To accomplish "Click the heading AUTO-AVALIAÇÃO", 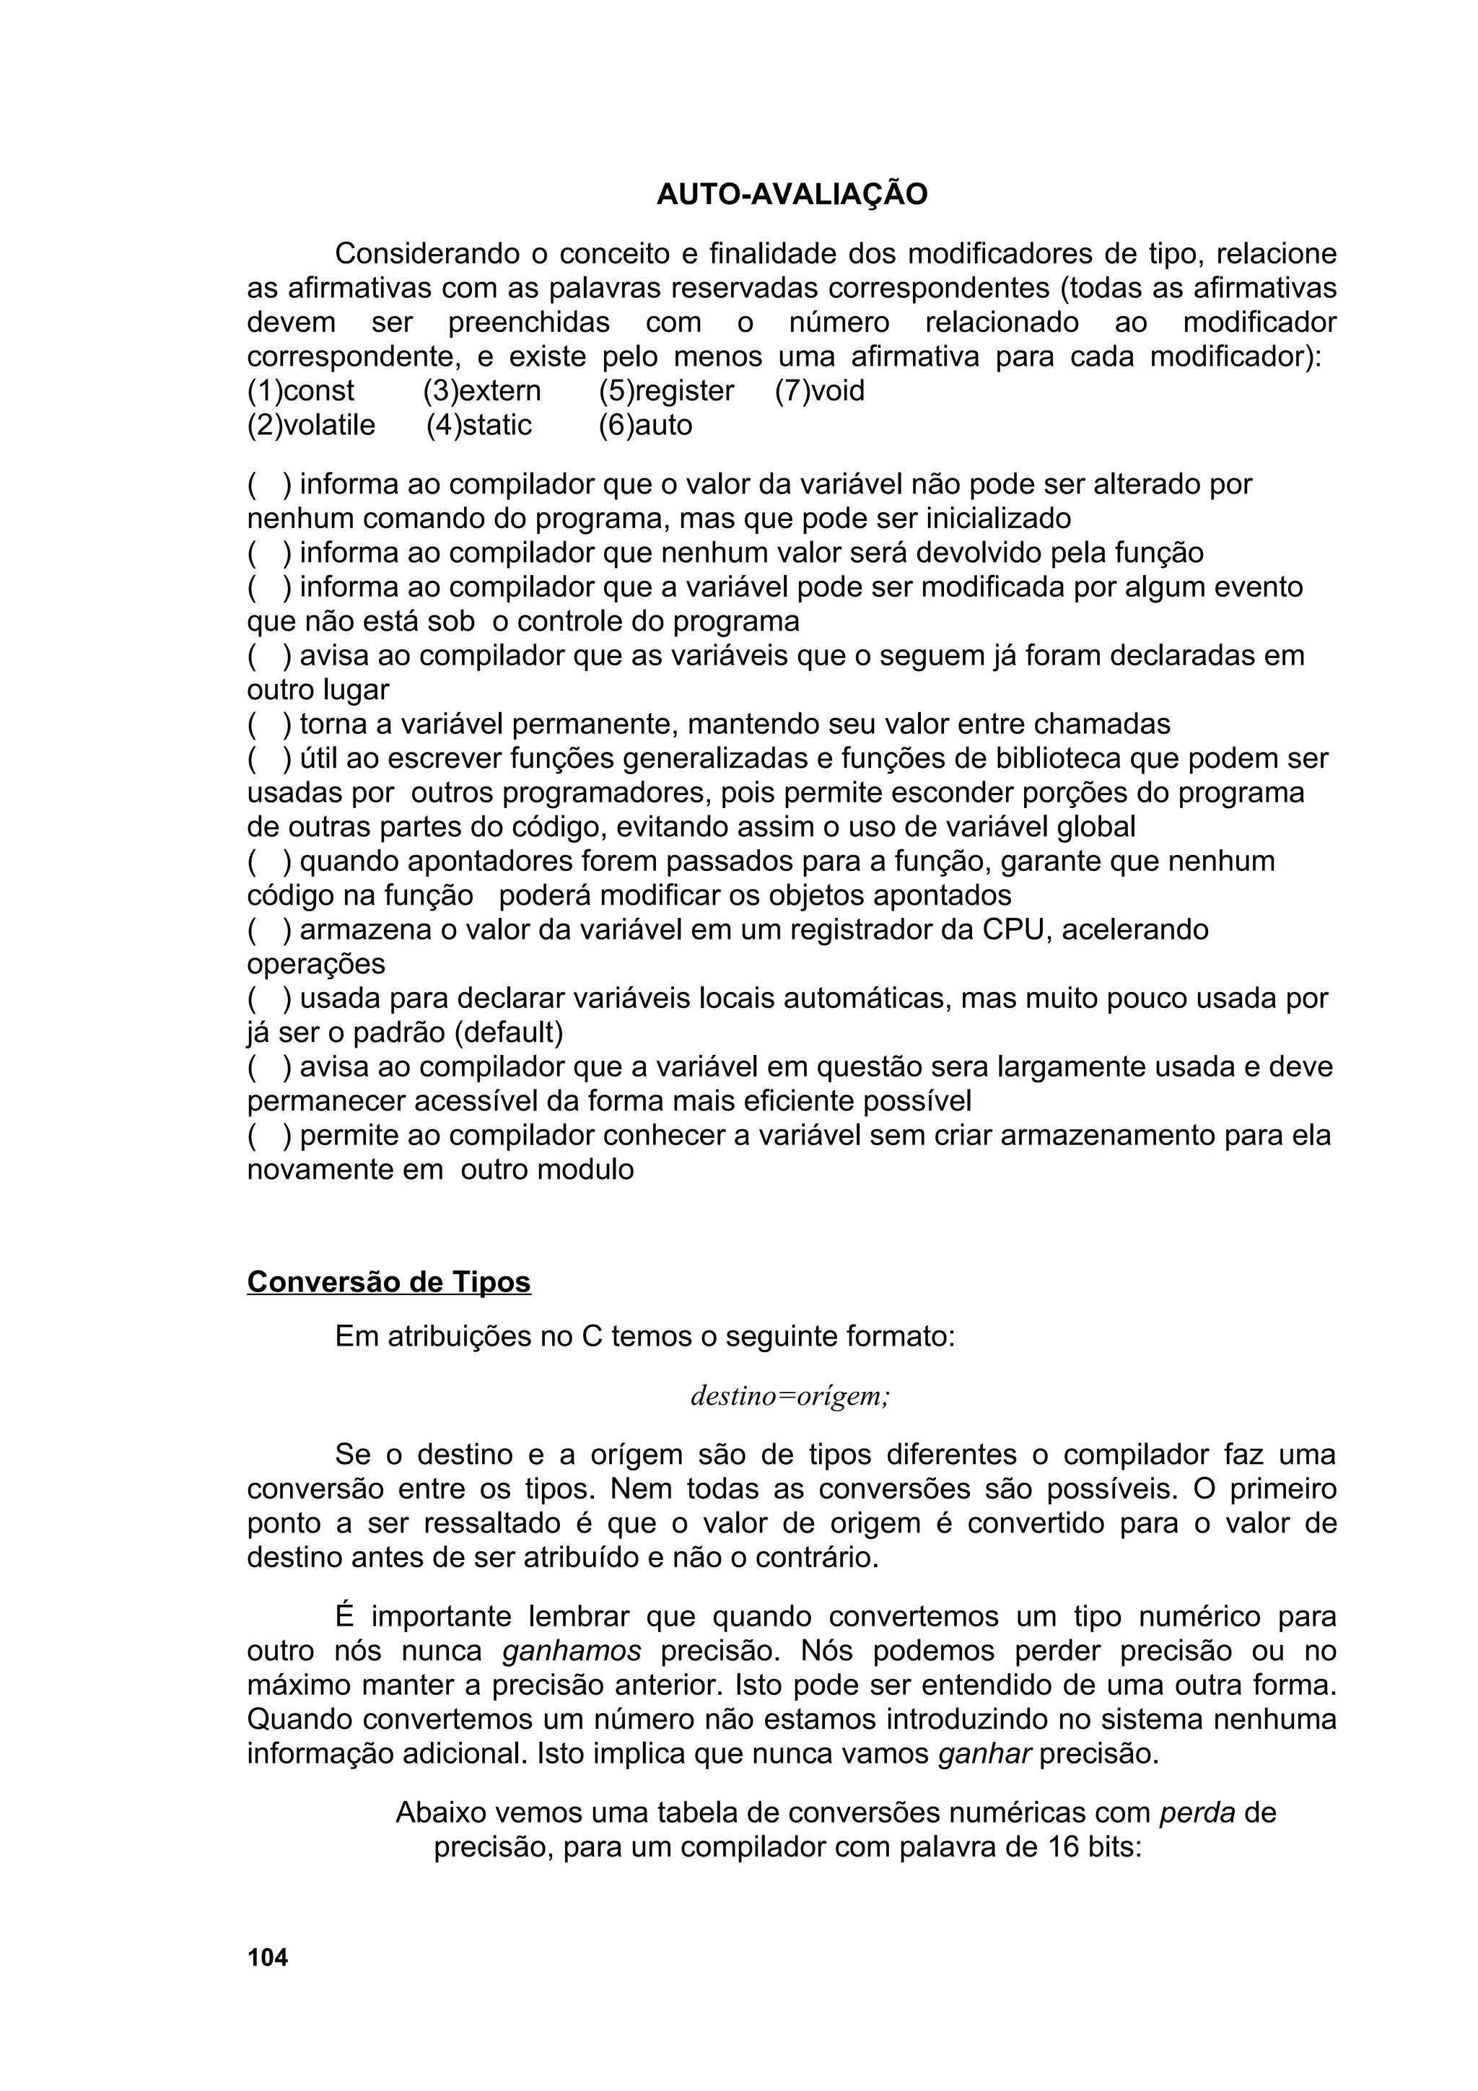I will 792,195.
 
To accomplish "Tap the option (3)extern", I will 482,390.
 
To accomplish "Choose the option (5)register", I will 665,390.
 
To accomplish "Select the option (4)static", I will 479,425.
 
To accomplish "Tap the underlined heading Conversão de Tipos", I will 389,1282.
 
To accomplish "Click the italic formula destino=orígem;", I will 790,1396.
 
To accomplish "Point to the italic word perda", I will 1197,1813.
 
